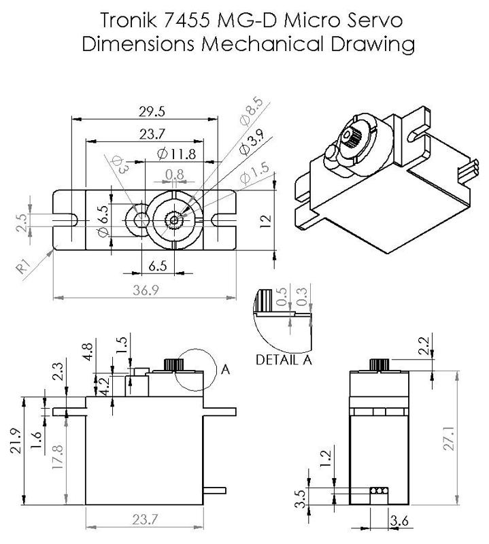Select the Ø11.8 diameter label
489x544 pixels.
176,154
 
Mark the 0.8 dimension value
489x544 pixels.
175,175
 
